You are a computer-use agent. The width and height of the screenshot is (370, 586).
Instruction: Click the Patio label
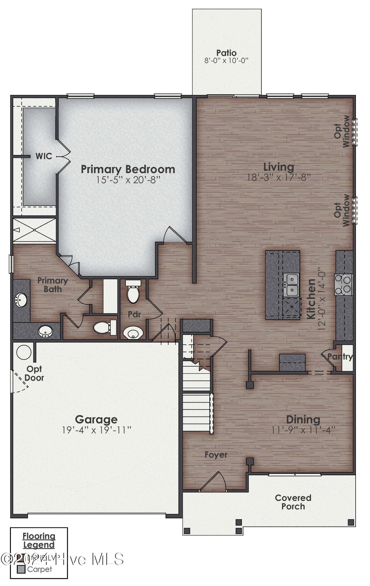click(226, 53)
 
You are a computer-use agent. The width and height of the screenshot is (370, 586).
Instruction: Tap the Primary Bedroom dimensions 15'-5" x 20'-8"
click(128, 180)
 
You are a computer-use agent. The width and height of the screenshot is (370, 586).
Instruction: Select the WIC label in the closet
click(44, 156)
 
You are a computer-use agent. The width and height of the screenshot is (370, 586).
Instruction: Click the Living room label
click(279, 167)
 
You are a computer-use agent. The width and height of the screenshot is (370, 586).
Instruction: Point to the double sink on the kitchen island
click(291, 285)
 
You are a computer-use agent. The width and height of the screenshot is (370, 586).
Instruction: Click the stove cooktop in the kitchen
click(343, 284)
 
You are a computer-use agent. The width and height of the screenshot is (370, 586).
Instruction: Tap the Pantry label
click(340, 357)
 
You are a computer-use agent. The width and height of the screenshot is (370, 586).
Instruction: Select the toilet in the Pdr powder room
click(133, 292)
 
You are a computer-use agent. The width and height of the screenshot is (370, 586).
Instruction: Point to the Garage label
click(96, 419)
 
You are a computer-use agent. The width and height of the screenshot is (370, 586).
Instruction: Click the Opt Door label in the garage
click(34, 373)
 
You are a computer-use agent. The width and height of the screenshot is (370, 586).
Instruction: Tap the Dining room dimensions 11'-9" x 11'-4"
click(303, 430)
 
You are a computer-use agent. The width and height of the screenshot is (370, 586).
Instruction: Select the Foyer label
click(216, 455)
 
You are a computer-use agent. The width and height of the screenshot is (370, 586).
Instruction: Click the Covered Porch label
click(293, 502)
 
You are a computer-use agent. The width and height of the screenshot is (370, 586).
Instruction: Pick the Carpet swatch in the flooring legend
click(21, 569)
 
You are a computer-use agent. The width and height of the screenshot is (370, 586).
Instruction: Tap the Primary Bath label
click(53, 285)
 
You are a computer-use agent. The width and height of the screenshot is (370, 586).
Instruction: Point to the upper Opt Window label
click(342, 131)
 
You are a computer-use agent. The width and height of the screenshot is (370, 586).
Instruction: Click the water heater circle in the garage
click(24, 352)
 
